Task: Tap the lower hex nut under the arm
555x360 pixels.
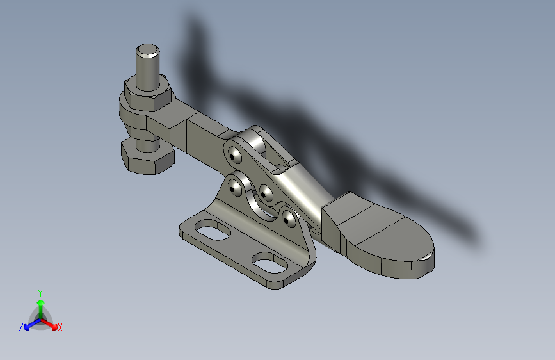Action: pos(147,158)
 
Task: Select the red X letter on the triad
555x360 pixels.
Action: pos(60,327)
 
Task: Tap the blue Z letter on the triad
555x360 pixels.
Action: pos(21,327)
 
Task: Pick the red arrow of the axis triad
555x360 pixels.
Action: pos(52,324)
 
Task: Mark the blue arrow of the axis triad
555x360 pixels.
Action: pos(28,324)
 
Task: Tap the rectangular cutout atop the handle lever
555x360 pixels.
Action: pos(280,167)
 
